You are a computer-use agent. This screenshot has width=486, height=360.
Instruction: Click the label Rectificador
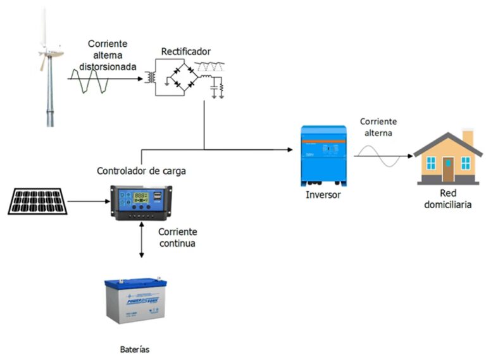(x=185, y=51)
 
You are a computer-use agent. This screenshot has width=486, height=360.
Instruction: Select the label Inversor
(x=323, y=195)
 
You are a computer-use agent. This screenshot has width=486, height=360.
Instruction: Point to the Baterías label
(x=135, y=349)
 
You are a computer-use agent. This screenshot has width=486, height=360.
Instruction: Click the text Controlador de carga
(x=141, y=171)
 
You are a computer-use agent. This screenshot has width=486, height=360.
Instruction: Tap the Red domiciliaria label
(x=447, y=199)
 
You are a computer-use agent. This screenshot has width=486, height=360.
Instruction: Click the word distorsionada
(x=107, y=65)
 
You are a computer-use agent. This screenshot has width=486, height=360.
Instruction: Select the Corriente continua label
(x=177, y=237)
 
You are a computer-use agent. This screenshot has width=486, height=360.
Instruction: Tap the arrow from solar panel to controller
(x=89, y=202)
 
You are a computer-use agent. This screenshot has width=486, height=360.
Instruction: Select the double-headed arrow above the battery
(x=141, y=240)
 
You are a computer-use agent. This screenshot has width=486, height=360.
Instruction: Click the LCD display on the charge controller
(x=140, y=197)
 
